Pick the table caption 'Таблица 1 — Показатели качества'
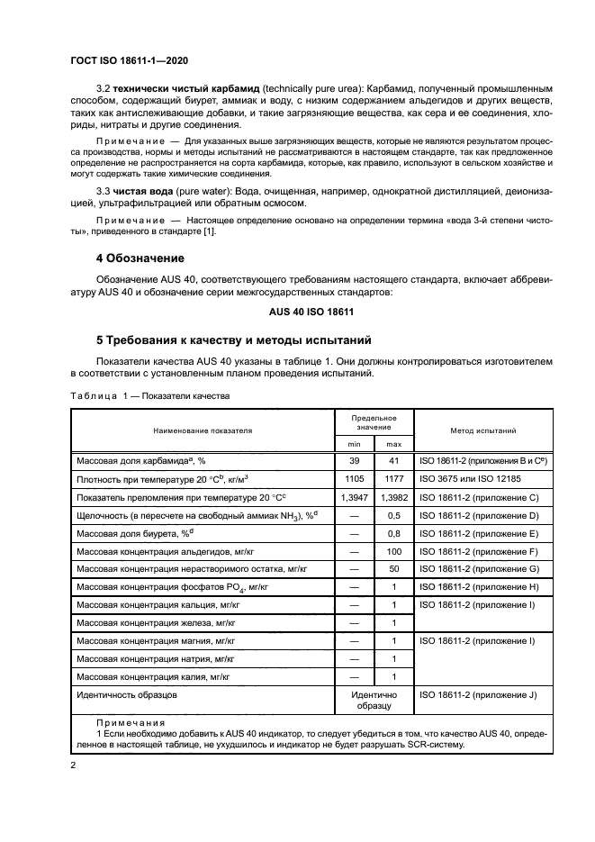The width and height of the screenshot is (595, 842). click(150, 396)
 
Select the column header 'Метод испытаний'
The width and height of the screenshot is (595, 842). click(483, 430)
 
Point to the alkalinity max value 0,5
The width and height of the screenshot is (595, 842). click(393, 515)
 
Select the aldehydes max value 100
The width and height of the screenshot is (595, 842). click(393, 551)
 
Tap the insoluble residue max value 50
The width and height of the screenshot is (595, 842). click(393, 569)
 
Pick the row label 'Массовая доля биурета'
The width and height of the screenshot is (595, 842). click(135, 533)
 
